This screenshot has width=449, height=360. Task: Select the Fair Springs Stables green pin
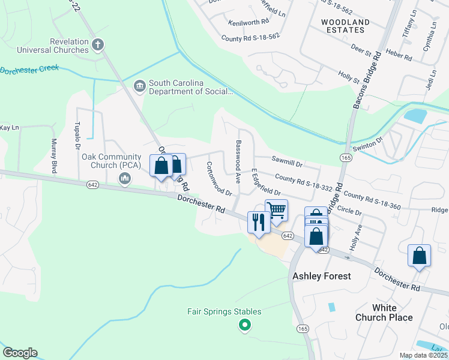click(x=244, y=326)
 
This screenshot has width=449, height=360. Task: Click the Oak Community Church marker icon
click(x=125, y=178)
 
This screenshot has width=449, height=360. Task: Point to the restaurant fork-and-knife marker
click(x=259, y=223)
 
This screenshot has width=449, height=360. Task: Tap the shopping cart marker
click(x=276, y=211)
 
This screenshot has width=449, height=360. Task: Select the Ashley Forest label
click(x=321, y=276)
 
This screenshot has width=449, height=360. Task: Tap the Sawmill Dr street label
click(x=287, y=161)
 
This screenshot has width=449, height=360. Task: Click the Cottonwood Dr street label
click(x=219, y=179)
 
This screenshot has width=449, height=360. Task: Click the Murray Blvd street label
click(x=53, y=155)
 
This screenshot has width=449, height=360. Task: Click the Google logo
click(x=20, y=353)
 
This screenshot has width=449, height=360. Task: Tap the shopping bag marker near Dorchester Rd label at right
click(x=419, y=255)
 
